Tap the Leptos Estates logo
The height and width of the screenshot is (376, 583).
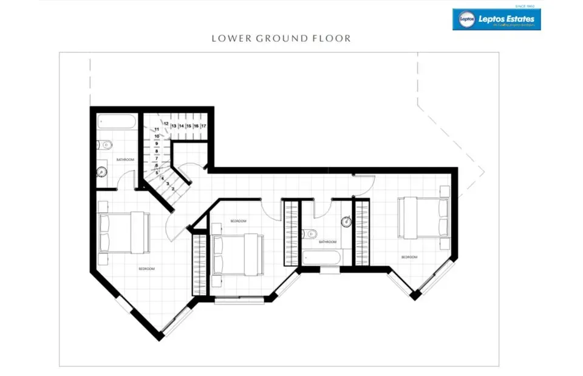pos(496,19)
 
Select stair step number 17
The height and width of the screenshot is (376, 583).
pos(203,126)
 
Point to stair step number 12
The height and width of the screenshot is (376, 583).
pos(165,123)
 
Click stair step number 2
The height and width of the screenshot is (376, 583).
pos(173,189)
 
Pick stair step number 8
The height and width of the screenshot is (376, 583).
pos(157,151)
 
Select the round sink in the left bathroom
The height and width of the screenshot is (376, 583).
pos(103,172)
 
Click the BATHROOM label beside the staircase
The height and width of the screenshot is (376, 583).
pos(125,159)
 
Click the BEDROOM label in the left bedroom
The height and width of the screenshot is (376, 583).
pos(146,269)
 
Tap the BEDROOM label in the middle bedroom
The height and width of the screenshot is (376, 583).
pos(238,221)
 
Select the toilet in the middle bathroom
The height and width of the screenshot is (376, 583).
pos(312,232)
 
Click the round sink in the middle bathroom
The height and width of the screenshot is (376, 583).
pos(347,222)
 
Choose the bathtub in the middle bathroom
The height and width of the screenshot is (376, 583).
pos(321,257)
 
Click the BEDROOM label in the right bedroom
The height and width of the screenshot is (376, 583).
pos(409,257)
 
